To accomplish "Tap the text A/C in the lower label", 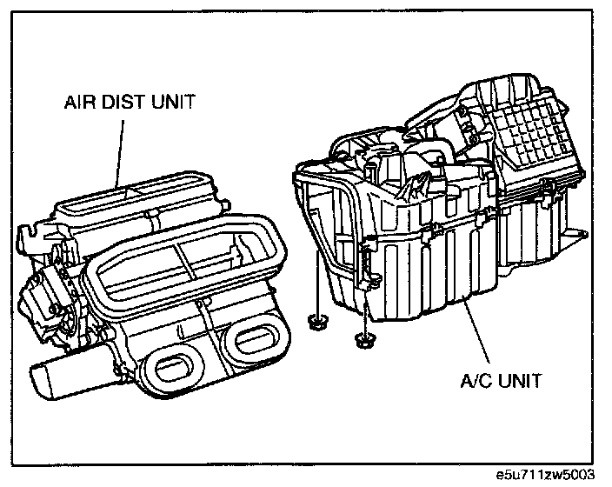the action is (x=475, y=380).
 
